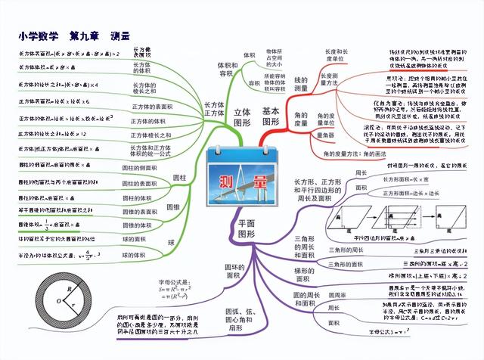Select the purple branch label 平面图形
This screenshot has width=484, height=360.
coord(247,228)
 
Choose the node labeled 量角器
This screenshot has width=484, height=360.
coord(324,135)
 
